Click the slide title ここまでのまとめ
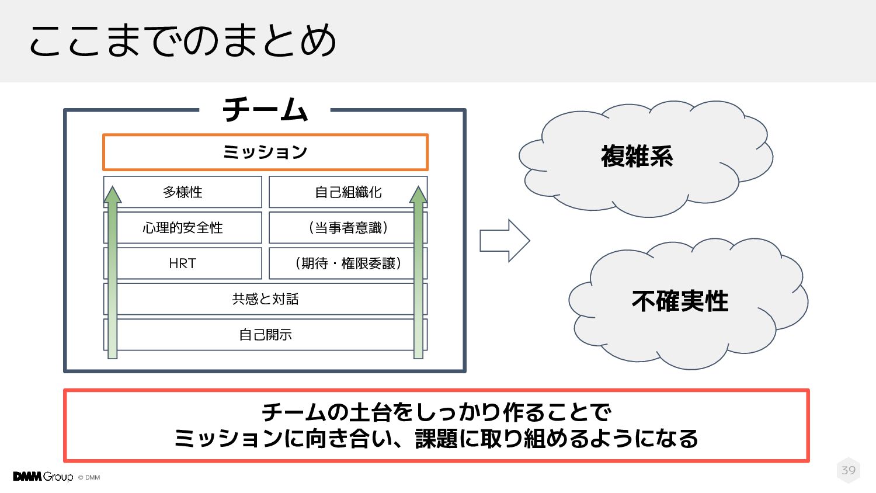tap(183, 41)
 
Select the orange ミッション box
tap(265, 152)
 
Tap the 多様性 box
tap(183, 192)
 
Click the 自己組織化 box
tap(348, 192)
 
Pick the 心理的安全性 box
tap(183, 228)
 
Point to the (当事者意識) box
tap(348, 228)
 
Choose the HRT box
tap(183, 263)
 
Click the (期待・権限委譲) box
tap(348, 263)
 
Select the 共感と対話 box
tap(265, 299)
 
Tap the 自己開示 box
tap(265, 335)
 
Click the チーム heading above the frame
tap(265, 110)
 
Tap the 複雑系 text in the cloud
tap(637, 157)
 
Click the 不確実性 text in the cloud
tap(680, 301)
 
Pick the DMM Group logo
tap(43, 477)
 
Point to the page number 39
tap(849, 470)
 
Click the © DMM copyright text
tap(89, 478)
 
